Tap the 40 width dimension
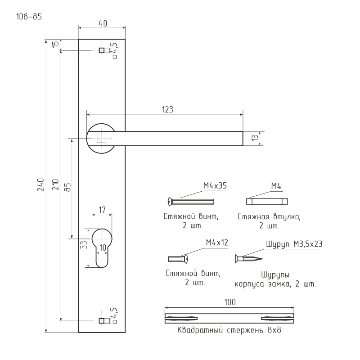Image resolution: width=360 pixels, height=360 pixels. [x=102, y=24]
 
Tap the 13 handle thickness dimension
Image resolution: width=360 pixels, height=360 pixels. [x=255, y=138]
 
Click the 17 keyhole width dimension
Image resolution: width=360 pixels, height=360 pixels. [x=102, y=209]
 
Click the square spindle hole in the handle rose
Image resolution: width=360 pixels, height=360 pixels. [x=102, y=138]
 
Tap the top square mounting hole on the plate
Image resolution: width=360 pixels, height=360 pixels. [x=102, y=50]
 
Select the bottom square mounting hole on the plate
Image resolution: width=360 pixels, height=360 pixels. [x=102, y=320]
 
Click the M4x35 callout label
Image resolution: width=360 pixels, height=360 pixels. [x=215, y=185]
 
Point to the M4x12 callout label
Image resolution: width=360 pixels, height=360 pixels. [x=217, y=243]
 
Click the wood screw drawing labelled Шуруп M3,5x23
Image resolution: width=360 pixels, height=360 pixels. [x=248, y=258]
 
